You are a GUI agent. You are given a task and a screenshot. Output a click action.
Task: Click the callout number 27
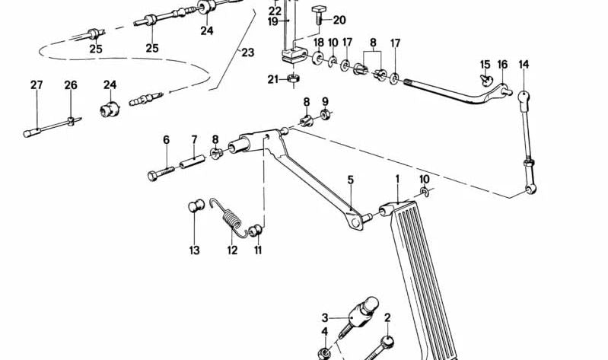36,85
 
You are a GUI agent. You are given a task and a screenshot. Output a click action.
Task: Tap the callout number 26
71,85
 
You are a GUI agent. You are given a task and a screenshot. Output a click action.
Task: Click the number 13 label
194,250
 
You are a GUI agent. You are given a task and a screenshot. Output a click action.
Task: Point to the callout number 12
232,250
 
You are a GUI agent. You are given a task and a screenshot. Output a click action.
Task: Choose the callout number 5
351,180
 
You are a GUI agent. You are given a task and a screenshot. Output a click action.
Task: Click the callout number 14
524,65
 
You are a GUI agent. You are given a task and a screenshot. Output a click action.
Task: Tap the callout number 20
339,21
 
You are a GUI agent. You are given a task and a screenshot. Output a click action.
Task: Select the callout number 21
272,79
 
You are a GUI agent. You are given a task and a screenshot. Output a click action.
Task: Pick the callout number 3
324,317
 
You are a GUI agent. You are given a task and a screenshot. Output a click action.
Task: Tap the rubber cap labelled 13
194,205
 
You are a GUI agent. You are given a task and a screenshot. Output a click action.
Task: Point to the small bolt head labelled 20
318,10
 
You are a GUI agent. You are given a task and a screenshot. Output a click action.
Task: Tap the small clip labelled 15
485,77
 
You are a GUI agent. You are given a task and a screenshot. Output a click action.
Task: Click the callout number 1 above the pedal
396,180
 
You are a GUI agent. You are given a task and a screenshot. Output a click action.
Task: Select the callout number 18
318,42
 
